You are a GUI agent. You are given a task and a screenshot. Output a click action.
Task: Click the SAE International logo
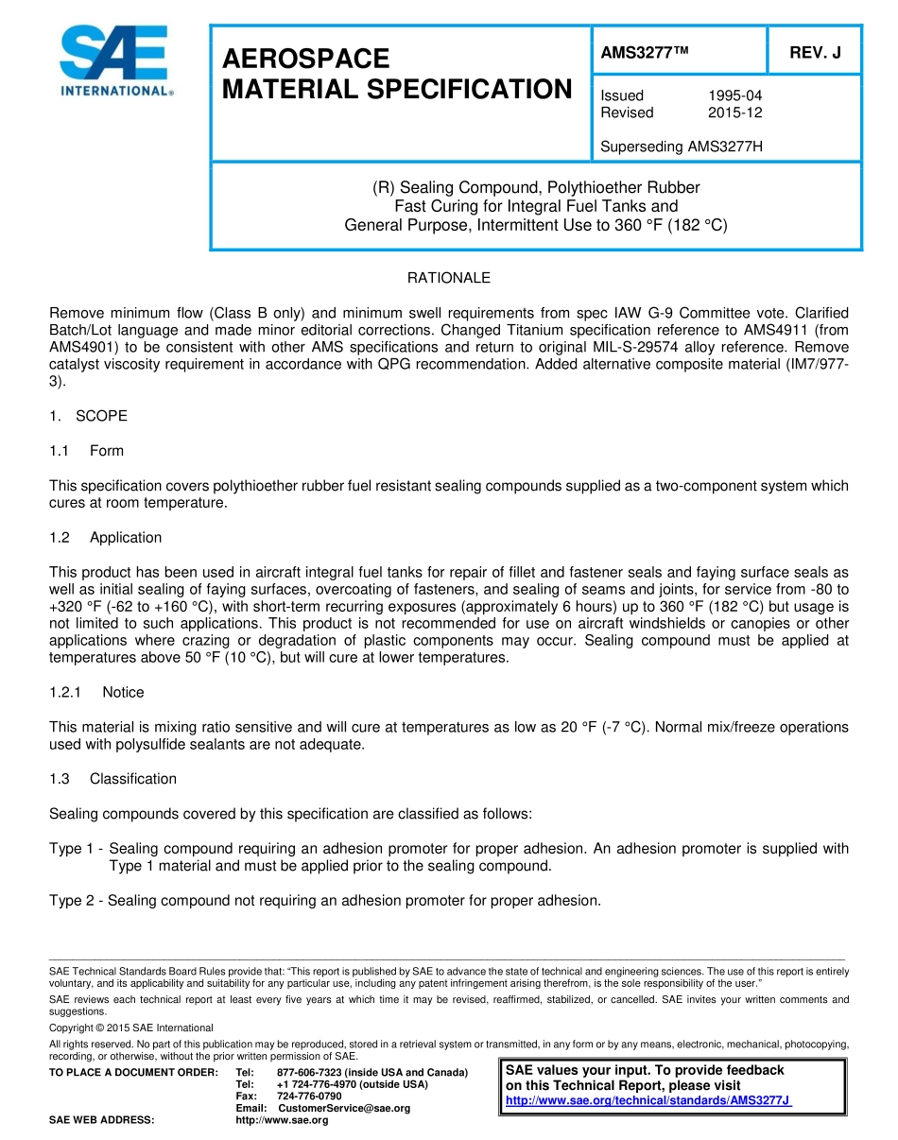[x=114, y=61]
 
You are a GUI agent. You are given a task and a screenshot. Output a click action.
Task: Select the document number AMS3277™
[x=645, y=53]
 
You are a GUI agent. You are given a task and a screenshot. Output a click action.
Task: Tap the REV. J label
[x=815, y=53]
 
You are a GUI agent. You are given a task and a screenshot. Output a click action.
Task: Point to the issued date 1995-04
[x=734, y=95]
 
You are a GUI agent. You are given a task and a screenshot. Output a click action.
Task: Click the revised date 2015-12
[x=734, y=112]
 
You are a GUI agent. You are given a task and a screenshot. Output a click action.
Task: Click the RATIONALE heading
[x=449, y=278]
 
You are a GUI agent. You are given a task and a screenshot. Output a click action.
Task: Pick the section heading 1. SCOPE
[x=88, y=416]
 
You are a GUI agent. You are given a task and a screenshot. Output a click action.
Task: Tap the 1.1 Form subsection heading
[x=87, y=451]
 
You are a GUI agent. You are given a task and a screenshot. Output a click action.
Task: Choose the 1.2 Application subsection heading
[x=106, y=537]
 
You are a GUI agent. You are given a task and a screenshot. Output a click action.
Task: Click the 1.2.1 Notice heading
[x=96, y=692]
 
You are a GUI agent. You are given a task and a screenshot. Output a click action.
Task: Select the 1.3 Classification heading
[x=112, y=779]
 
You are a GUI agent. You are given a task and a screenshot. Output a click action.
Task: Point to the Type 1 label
[x=72, y=849]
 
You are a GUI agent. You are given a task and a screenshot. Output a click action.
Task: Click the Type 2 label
[x=72, y=901]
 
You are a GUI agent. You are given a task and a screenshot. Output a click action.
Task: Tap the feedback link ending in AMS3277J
[x=648, y=1101]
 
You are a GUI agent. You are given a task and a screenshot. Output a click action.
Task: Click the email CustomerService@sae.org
[x=344, y=1108]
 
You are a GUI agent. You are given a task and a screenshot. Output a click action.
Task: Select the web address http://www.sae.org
[x=282, y=1120]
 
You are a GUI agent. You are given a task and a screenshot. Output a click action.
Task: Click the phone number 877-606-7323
[x=309, y=1071]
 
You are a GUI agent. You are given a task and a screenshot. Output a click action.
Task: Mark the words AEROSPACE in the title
[x=305, y=59]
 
